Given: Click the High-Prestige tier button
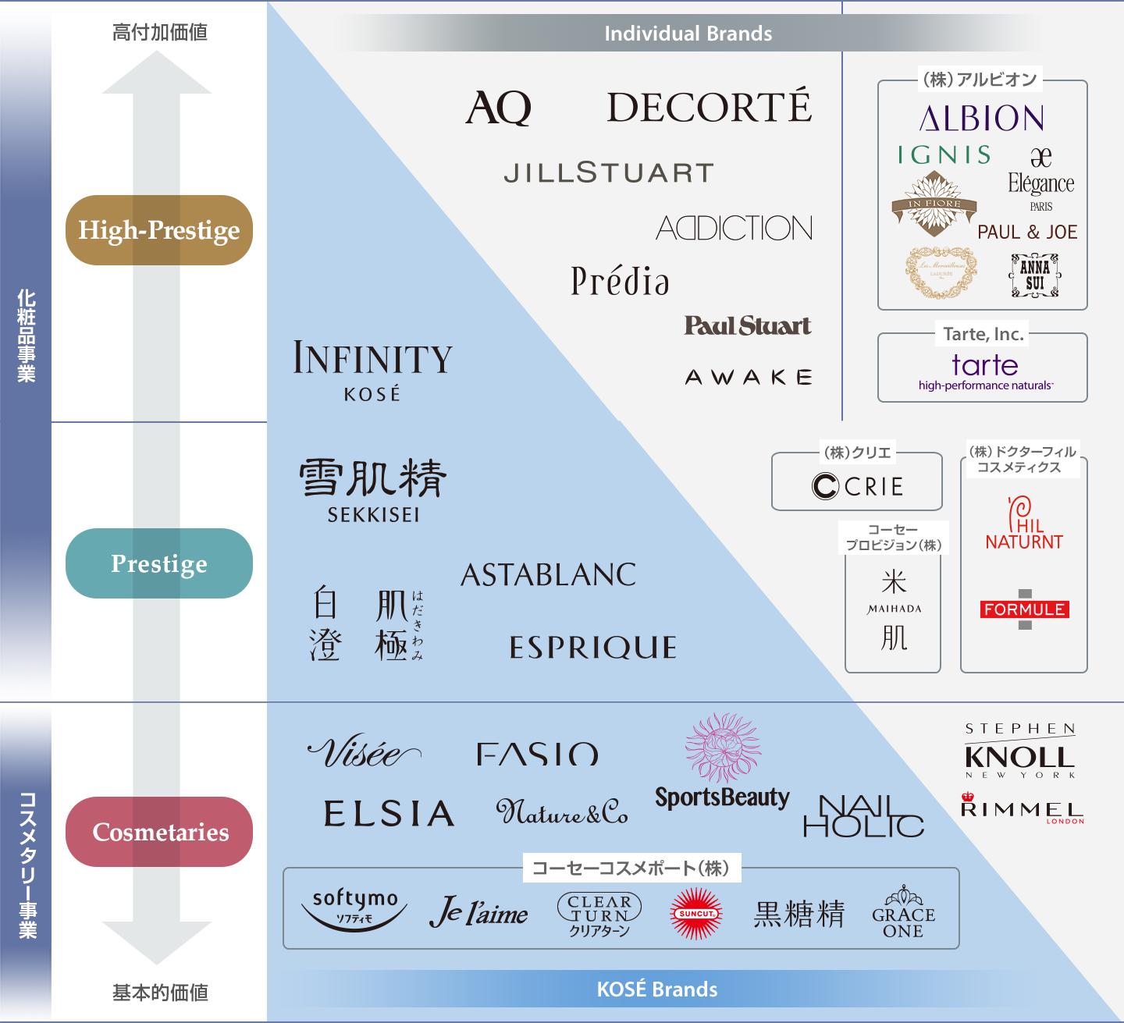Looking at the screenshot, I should [x=159, y=230].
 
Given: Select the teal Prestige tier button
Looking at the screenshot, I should [x=159, y=563].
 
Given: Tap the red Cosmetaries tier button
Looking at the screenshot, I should [x=160, y=832].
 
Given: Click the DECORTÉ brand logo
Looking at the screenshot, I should [x=709, y=108].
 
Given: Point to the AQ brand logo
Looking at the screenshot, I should [x=498, y=108].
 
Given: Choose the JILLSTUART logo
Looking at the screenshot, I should [x=608, y=172].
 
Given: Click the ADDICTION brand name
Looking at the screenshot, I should [x=734, y=228].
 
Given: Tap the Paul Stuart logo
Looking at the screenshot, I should [x=747, y=325].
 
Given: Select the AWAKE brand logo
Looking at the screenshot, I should [x=748, y=378].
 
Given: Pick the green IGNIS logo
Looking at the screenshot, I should [x=944, y=155].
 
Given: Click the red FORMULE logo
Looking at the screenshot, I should [x=1024, y=609].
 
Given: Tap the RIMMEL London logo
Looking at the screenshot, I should [x=1022, y=808].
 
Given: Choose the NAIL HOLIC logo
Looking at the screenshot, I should [x=863, y=815].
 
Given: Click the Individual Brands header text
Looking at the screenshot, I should [x=688, y=34].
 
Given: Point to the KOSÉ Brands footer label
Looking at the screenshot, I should [x=656, y=989].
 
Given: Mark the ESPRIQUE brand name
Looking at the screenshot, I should [x=592, y=648].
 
